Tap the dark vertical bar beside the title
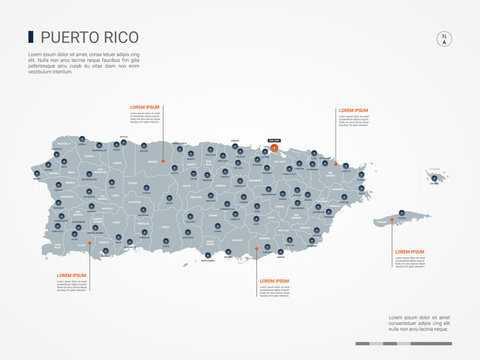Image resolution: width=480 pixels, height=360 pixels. (30, 37)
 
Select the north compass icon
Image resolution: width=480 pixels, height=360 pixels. (442, 40)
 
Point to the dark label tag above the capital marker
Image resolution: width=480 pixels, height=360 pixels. (275, 140)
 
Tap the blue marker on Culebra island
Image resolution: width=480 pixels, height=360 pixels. (434, 176)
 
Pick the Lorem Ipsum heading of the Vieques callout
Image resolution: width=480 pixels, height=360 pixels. (410, 251)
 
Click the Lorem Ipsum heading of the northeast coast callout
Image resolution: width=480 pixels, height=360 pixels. (353, 110)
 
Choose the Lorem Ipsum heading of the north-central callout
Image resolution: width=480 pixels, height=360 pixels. (145, 106)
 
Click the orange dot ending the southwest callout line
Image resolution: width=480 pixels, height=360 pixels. (89, 241)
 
